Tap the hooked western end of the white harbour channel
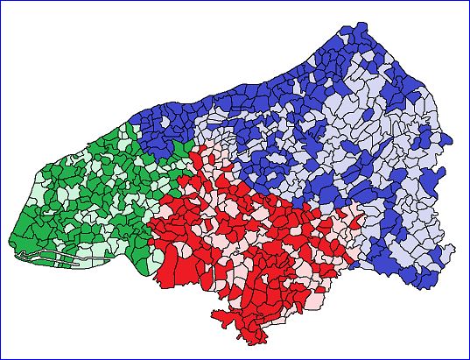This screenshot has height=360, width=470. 18,255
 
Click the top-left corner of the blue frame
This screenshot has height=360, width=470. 1,1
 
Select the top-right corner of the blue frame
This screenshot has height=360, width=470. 468,1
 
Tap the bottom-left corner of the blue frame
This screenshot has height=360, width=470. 1,358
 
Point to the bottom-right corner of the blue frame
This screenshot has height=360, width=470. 468,358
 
